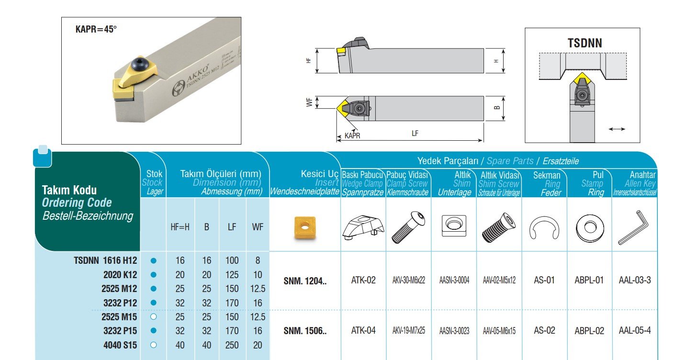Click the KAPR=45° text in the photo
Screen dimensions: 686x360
coord(96,29)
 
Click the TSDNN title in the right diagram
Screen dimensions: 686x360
coord(585,43)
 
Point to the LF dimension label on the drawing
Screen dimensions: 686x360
coord(415,133)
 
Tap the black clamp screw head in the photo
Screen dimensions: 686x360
coord(139,64)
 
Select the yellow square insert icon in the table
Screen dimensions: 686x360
coord(305,228)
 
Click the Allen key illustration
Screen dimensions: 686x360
coord(633,227)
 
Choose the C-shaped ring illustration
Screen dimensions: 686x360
coord(544,228)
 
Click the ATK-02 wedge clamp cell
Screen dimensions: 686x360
coord(363,280)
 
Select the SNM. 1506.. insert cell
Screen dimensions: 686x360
coord(305,331)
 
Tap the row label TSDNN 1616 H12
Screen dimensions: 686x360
coord(105,260)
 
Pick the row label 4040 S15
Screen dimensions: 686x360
coord(120,345)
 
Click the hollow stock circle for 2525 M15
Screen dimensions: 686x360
coord(154,317)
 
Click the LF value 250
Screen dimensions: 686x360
coord(232,345)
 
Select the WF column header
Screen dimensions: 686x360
coord(258,227)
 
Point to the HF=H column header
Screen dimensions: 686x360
coord(180,227)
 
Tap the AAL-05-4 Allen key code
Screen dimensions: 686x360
coord(635,330)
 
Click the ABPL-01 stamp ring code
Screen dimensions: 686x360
coord(589,280)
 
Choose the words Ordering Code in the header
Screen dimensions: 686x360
coord(77,202)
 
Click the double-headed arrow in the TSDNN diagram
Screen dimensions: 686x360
coord(617,129)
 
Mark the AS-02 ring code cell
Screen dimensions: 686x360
coord(544,330)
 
